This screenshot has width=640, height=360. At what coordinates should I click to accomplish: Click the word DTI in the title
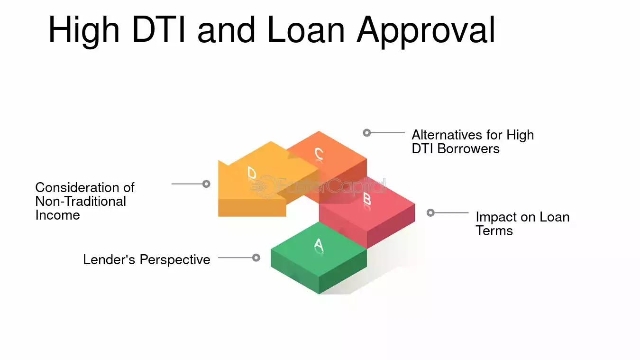click(159, 29)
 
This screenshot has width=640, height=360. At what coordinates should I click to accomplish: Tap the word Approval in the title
click(426, 32)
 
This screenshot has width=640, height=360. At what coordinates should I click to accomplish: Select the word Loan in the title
click(306, 29)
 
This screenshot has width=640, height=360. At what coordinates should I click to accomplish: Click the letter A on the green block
click(319, 245)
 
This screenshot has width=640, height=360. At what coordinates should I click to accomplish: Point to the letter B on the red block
click(367, 198)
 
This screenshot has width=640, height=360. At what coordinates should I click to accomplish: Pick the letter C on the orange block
click(319, 154)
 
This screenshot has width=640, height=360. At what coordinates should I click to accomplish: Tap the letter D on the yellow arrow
click(252, 173)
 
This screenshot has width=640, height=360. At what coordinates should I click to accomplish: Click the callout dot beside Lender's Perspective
click(256, 258)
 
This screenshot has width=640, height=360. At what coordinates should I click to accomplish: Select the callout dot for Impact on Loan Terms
click(430, 213)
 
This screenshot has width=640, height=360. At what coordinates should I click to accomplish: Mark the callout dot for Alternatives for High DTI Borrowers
click(367, 133)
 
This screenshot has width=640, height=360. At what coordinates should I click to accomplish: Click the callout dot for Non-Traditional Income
click(206, 184)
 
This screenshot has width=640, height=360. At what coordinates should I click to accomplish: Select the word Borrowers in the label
click(468, 148)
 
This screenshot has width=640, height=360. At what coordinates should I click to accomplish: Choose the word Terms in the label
click(494, 231)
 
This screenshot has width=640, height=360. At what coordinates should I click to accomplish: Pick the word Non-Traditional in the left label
click(81, 201)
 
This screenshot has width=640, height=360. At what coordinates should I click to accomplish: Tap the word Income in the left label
click(57, 215)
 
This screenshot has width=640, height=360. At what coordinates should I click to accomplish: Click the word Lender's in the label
click(109, 259)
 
